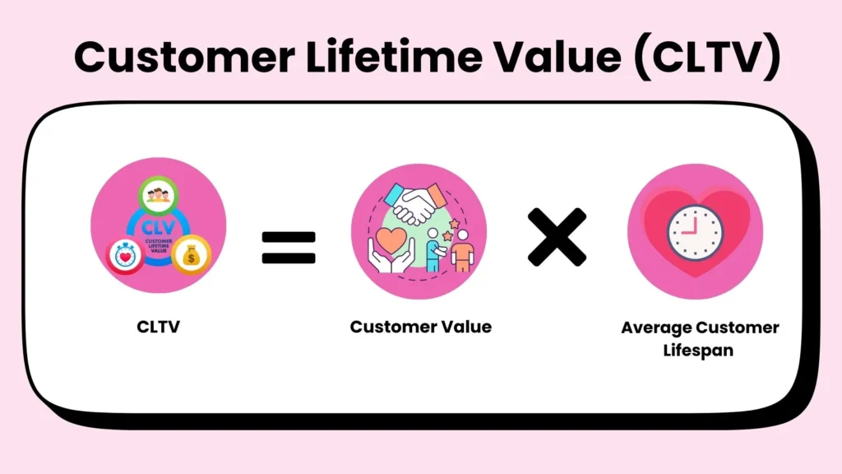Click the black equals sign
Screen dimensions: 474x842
pyautogui.click(x=288, y=247)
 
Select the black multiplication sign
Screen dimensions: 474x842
pyautogui.click(x=557, y=237)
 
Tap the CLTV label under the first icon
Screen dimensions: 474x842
pyautogui.click(x=158, y=327)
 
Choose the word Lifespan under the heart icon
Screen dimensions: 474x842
pyautogui.click(x=700, y=351)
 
